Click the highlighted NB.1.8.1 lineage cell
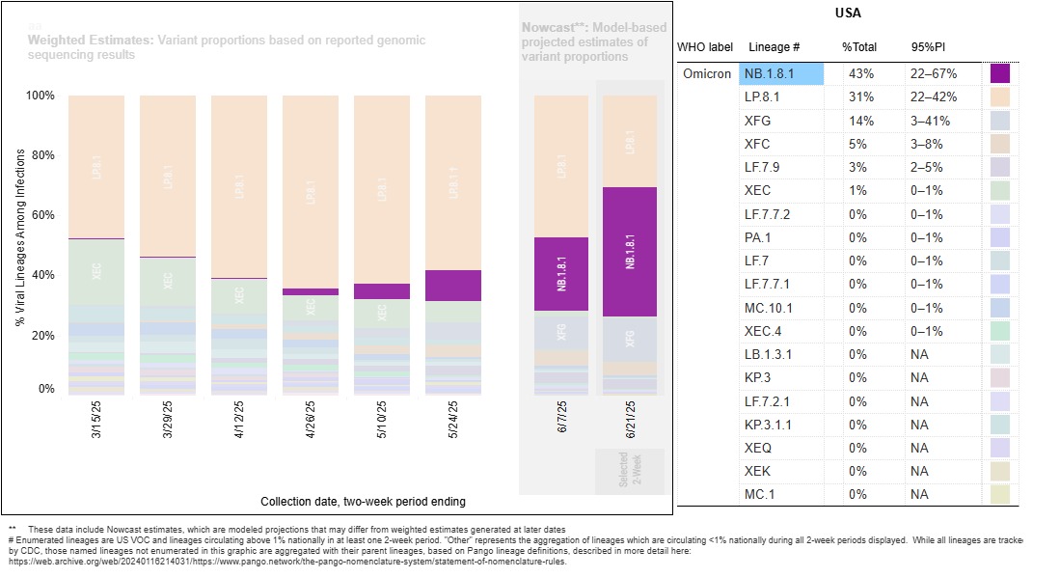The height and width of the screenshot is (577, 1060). (x=782, y=74)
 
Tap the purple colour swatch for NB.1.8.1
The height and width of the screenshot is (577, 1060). (x=999, y=74)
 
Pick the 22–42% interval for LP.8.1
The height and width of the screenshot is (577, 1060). (x=934, y=97)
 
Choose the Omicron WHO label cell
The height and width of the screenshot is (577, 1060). (x=707, y=74)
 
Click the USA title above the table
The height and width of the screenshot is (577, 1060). (x=848, y=14)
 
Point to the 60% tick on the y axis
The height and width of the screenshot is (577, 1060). (x=41, y=215)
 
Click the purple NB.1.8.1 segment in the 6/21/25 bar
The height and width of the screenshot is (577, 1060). (x=630, y=252)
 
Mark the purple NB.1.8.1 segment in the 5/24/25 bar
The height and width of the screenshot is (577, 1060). (x=453, y=286)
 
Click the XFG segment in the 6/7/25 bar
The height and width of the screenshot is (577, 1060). (x=560, y=330)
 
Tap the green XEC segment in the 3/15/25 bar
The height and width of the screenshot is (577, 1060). (x=96, y=273)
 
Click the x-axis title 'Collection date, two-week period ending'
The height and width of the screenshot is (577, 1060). (x=363, y=502)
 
